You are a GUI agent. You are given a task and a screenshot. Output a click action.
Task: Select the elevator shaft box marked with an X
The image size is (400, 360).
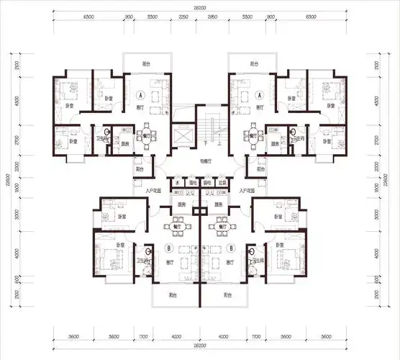click(183, 136)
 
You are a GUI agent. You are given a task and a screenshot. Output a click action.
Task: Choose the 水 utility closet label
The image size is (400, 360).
click(176, 182)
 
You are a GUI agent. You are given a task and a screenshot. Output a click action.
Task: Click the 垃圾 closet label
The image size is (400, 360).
click(222, 182)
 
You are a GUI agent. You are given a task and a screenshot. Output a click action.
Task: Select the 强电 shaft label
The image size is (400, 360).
click(192, 182)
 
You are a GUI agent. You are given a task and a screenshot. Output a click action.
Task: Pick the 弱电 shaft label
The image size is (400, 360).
click(207, 182)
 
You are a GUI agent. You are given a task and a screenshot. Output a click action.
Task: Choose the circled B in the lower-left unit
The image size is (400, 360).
click(168, 248)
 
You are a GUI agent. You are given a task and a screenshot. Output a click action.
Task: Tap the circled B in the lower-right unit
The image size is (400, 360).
click(231, 248)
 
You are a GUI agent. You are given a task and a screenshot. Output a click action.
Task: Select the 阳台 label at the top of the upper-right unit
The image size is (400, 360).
click(253, 64)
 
